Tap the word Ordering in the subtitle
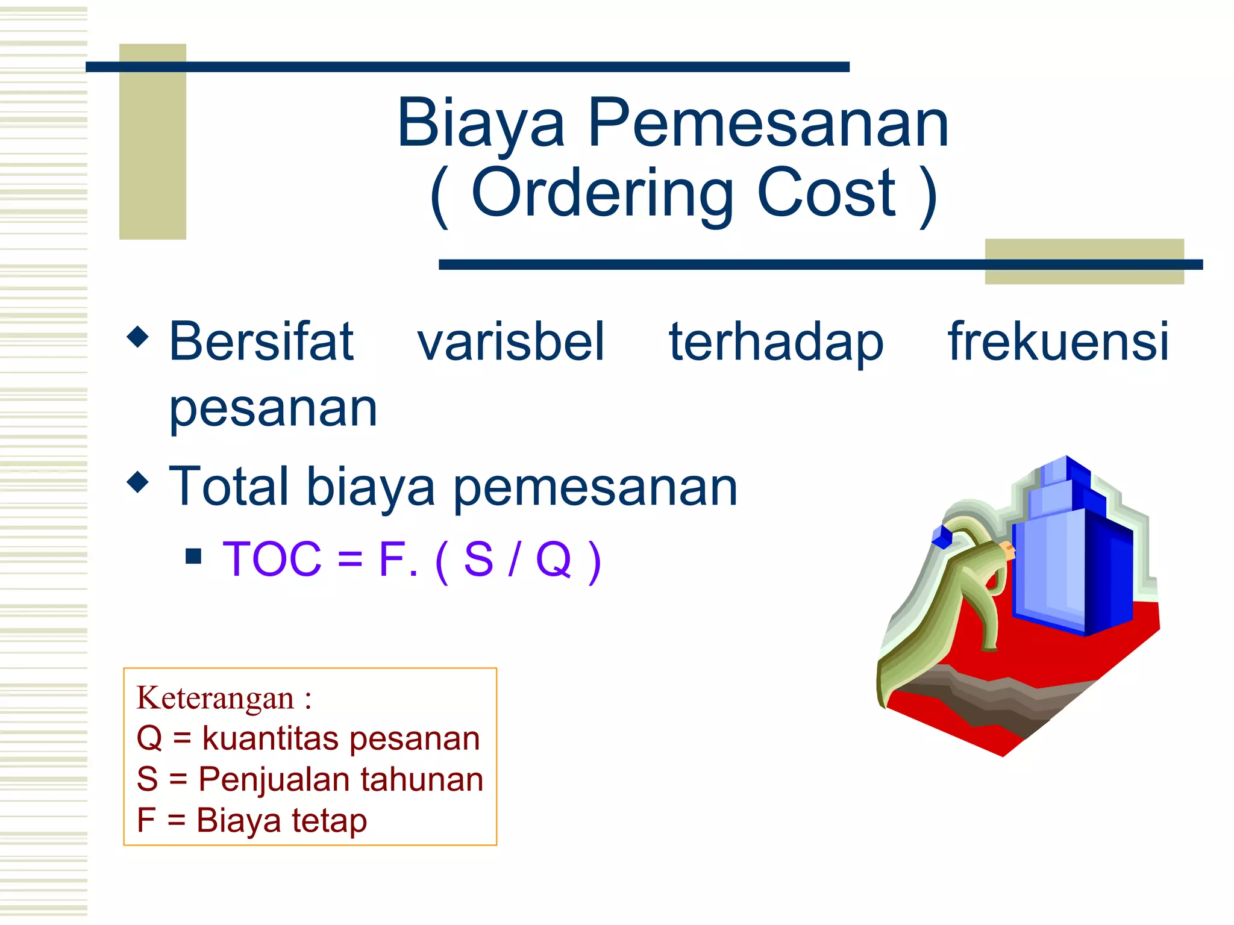(x=603, y=194)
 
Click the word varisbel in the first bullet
(x=510, y=342)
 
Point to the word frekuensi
(x=1058, y=342)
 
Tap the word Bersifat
(x=261, y=342)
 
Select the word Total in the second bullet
(x=228, y=486)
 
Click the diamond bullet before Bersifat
(x=138, y=337)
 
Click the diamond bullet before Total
(x=138, y=481)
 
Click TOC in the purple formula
(x=272, y=559)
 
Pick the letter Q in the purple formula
(x=553, y=559)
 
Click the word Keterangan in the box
(x=215, y=699)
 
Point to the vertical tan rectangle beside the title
(x=152, y=142)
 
